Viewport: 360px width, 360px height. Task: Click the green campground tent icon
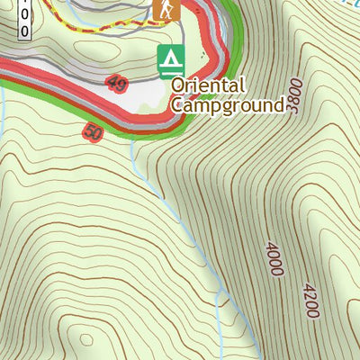tap(168, 60)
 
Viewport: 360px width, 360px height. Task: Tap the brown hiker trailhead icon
tap(166, 11)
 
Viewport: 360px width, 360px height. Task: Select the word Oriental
tap(208, 85)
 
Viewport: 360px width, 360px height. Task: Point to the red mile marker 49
tap(116, 85)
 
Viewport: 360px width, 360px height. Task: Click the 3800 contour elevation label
tap(294, 93)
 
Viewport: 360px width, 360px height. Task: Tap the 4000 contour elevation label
tap(274, 257)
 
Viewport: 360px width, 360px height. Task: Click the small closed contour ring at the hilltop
tap(85, 340)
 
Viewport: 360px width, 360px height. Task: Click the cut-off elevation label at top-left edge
tap(23, 18)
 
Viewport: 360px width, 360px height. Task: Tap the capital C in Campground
tap(177, 104)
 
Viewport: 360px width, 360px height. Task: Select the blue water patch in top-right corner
tap(346, 4)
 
